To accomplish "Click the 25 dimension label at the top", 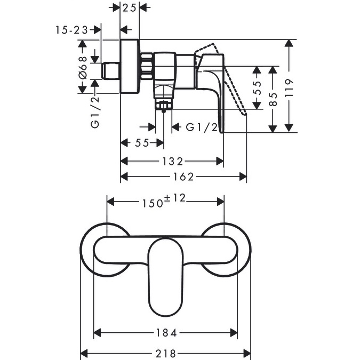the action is [x=129, y=8].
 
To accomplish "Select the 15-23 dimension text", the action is [x=71, y=30].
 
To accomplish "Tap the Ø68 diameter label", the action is [x=83, y=68].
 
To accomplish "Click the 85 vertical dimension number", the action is [x=273, y=99].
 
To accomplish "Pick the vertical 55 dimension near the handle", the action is [x=257, y=88].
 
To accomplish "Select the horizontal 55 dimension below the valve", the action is [x=142, y=143].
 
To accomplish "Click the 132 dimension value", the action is [x=173, y=162].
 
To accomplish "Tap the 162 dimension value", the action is [x=183, y=177].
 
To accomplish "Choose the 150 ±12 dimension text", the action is [x=164, y=201].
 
